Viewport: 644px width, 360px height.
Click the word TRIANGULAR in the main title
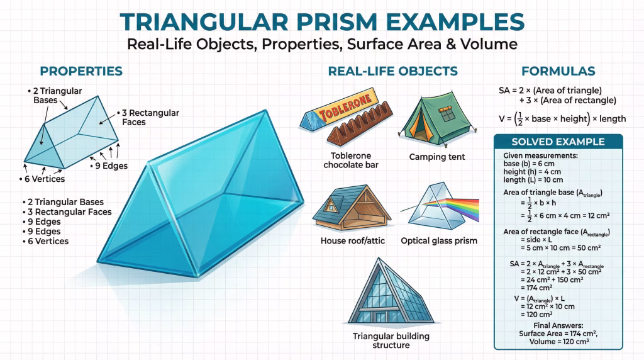tap(204, 22)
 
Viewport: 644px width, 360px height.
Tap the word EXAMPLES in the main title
tap(455, 22)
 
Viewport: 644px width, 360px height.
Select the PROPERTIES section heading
tap(81, 71)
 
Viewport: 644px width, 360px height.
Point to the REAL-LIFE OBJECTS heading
tap(392, 71)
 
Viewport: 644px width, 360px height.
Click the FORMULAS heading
tap(558, 71)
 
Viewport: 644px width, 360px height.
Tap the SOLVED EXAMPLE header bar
tap(558, 142)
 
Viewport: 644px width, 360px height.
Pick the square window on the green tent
tap(447, 113)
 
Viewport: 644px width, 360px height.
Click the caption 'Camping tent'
tap(437, 157)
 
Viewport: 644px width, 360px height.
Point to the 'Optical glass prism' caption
tap(439, 241)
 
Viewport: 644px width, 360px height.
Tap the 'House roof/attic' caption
tap(353, 241)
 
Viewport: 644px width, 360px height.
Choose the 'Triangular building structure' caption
tap(391, 340)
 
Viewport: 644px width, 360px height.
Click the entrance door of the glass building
tap(380, 317)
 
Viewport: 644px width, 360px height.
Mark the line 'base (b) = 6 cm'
tap(529, 164)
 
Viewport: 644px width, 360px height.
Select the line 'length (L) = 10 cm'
tap(533, 179)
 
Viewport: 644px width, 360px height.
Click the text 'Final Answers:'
tap(558, 325)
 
